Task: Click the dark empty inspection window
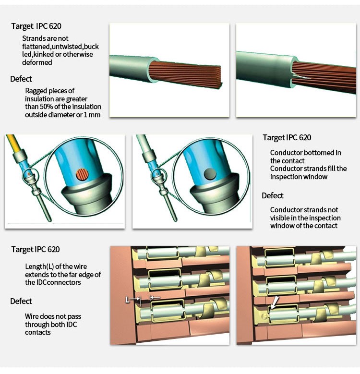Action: (x=209, y=173)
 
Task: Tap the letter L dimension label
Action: (x=128, y=299)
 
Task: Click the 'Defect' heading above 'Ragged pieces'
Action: (x=21, y=79)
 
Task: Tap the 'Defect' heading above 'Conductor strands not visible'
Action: (x=273, y=195)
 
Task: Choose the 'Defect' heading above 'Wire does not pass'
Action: (x=21, y=301)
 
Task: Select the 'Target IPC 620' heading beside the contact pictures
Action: (x=287, y=137)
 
